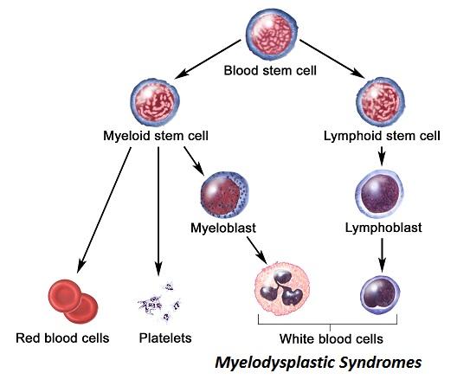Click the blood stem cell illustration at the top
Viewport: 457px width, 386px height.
tap(272, 35)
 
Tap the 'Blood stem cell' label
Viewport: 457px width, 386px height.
tap(270, 71)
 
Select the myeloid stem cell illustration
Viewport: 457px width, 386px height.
tap(155, 102)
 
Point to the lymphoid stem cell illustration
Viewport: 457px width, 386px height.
tap(380, 102)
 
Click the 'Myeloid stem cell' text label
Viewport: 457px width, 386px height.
tap(156, 136)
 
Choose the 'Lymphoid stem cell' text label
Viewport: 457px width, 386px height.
tap(382, 136)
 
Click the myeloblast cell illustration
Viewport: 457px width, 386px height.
tap(225, 195)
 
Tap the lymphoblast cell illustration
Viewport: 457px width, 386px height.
tap(379, 194)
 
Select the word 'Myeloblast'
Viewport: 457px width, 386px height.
tap(223, 228)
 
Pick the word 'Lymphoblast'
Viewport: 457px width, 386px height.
tap(383, 228)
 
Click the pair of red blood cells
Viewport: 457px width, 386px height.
tap(74, 301)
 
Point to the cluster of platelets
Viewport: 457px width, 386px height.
tap(159, 302)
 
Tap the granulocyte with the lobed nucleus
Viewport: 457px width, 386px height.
tap(282, 288)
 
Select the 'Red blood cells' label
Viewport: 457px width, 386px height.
tap(62, 338)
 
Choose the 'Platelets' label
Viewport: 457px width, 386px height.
tap(165, 338)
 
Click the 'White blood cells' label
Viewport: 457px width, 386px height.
tap(331, 338)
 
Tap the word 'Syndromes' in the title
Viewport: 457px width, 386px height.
tap(380, 363)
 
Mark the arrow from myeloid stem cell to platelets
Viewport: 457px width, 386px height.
tap(158, 211)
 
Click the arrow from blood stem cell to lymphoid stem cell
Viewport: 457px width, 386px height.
tap(332, 59)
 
